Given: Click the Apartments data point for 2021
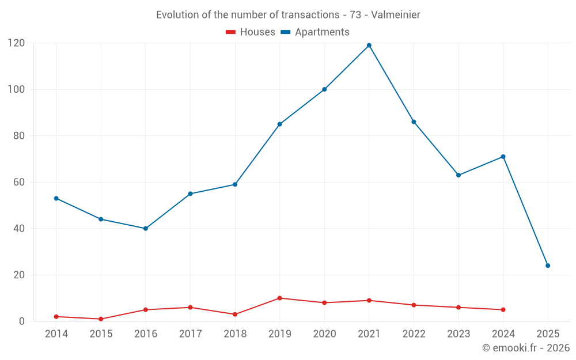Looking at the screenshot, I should (x=369, y=46).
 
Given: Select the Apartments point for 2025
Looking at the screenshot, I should (x=548, y=266).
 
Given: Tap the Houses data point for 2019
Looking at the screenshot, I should (x=279, y=298).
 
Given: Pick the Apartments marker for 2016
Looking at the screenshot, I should (x=146, y=229).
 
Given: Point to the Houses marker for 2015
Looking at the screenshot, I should (x=101, y=319).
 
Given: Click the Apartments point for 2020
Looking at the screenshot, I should (x=324, y=89).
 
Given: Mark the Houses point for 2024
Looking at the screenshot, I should (x=503, y=309).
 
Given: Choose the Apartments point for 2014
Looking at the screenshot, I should (x=56, y=198).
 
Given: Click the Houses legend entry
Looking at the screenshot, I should (x=251, y=32).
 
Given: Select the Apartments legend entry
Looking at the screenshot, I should (x=315, y=32).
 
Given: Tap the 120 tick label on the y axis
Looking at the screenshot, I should (x=16, y=43).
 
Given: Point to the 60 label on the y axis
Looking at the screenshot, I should (x=19, y=182).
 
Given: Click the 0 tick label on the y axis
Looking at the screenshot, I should (x=22, y=321).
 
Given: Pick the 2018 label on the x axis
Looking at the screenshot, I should (x=235, y=334).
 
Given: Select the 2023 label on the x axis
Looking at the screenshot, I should (x=458, y=334).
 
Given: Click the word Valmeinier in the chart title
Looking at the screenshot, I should (x=396, y=14).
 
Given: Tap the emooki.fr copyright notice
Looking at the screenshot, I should (x=526, y=348).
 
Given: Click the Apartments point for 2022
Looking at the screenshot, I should (x=414, y=122).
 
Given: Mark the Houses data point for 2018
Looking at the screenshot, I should (x=235, y=314).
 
